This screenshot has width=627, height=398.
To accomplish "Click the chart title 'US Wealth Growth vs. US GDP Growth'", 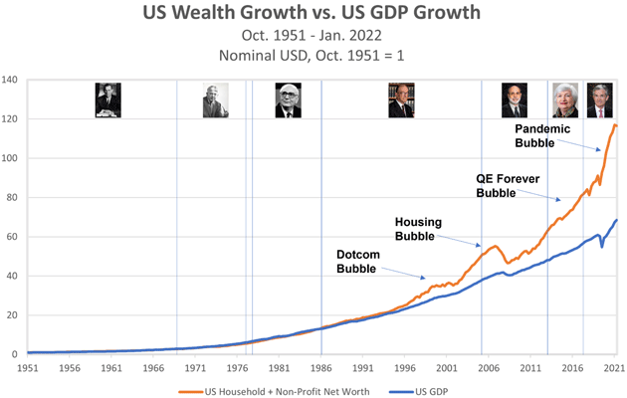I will pyautogui.click(x=313, y=14).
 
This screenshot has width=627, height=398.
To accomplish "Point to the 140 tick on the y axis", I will pyautogui.click(x=11, y=80).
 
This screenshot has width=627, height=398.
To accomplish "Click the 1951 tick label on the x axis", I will pyautogui.click(x=28, y=367).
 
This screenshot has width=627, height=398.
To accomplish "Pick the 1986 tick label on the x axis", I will pyautogui.click(x=320, y=367).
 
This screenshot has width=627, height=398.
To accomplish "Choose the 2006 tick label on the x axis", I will pyautogui.click(x=488, y=367).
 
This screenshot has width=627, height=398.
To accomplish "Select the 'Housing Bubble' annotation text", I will pyautogui.click(x=419, y=229).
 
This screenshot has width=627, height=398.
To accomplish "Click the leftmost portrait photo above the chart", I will pyautogui.click(x=108, y=100).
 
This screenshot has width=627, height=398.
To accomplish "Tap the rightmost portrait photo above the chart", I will pyautogui.click(x=599, y=100).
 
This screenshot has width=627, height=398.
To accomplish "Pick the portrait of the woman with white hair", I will pyautogui.click(x=564, y=100).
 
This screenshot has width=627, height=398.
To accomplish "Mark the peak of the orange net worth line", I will pyautogui.click(x=614, y=124).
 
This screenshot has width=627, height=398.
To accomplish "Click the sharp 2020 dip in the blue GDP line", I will pyautogui.click(x=602, y=246).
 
